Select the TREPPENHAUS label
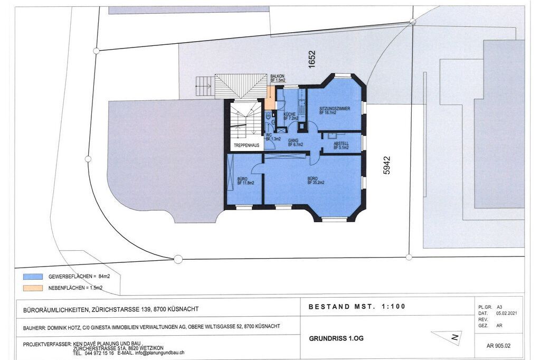(x=247, y=145)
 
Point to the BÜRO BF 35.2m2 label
(x=316, y=181)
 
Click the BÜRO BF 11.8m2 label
(x=245, y=181)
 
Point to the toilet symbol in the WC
(x=268, y=117)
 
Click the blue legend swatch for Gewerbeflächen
(x=33, y=276)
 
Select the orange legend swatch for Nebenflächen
(x=33, y=288)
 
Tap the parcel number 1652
(x=311, y=59)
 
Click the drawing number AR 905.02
(x=498, y=346)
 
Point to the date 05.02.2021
(x=506, y=313)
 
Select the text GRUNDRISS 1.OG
(x=336, y=338)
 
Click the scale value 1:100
(x=394, y=306)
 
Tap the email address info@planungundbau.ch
(x=159, y=353)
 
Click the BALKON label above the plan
(x=277, y=76)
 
